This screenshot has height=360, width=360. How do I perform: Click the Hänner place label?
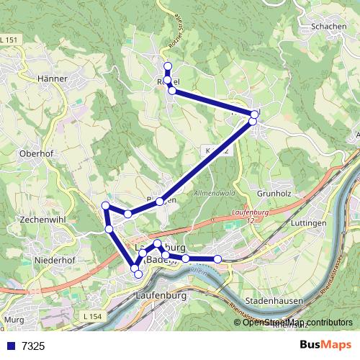click(x=51, y=78)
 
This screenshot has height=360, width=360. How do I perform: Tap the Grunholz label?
click(x=276, y=194)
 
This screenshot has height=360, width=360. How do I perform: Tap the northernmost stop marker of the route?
click(x=168, y=67)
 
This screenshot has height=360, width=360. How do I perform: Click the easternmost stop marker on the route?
click(x=255, y=114)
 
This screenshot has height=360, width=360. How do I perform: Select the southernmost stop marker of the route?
click(x=138, y=274)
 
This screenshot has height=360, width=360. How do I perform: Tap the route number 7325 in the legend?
click(x=32, y=346)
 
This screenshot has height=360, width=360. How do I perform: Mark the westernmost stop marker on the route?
click(x=105, y=207)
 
